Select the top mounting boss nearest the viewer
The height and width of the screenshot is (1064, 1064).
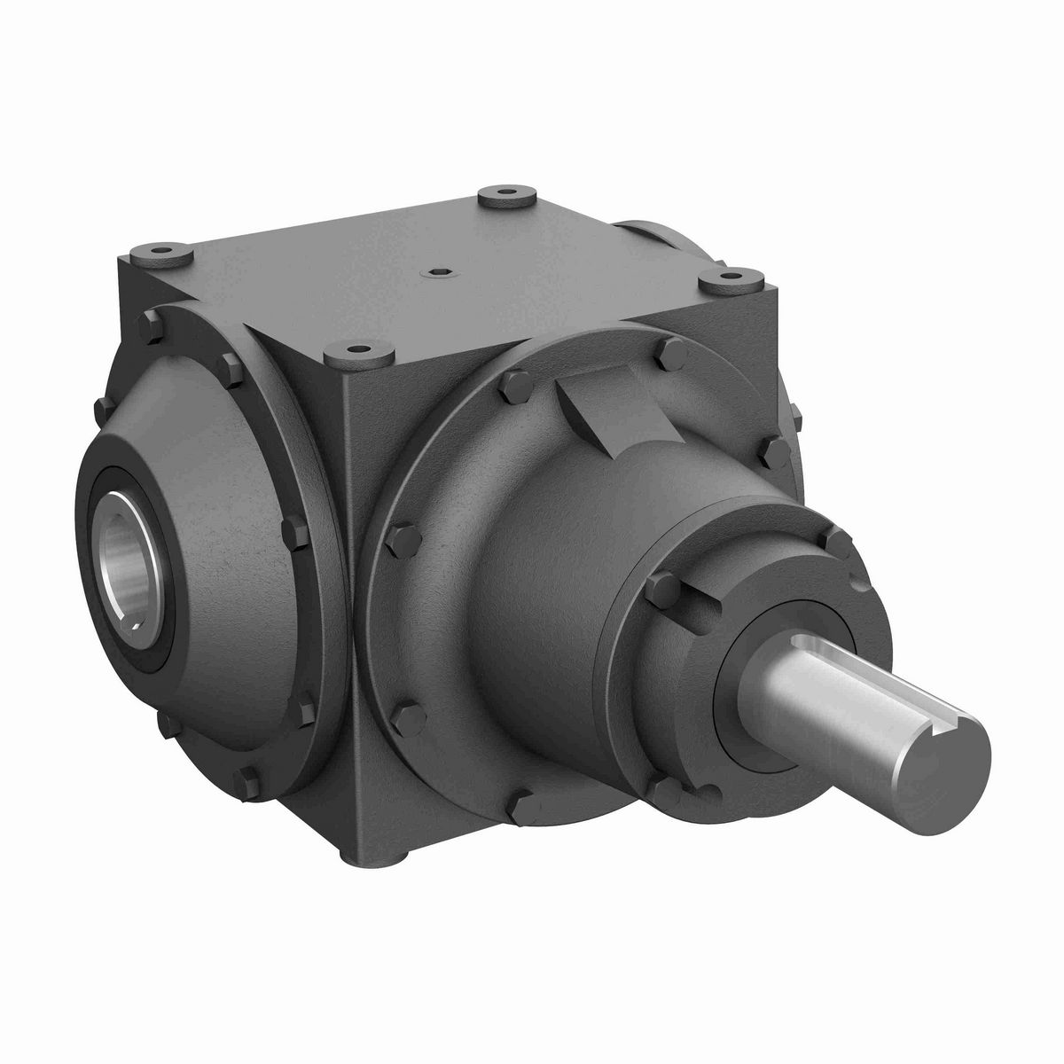[358, 355]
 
